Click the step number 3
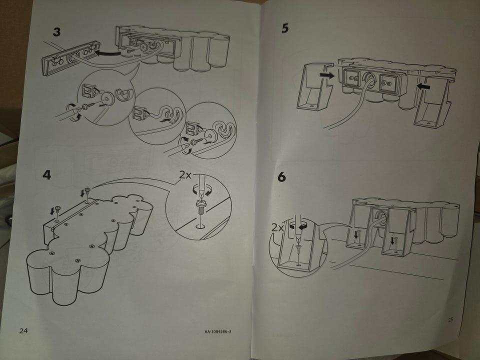coord(56,32)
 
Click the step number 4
coord(46,175)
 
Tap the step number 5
coord(285,28)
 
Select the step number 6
coord(281,177)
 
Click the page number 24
coord(23,330)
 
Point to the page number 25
coord(450,319)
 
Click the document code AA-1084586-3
coord(218,331)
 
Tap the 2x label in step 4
coord(185,175)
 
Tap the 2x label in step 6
coord(277,228)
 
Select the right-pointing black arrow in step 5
coord(327,75)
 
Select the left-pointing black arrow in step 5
coord(423,86)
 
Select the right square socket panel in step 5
coord(388,82)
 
